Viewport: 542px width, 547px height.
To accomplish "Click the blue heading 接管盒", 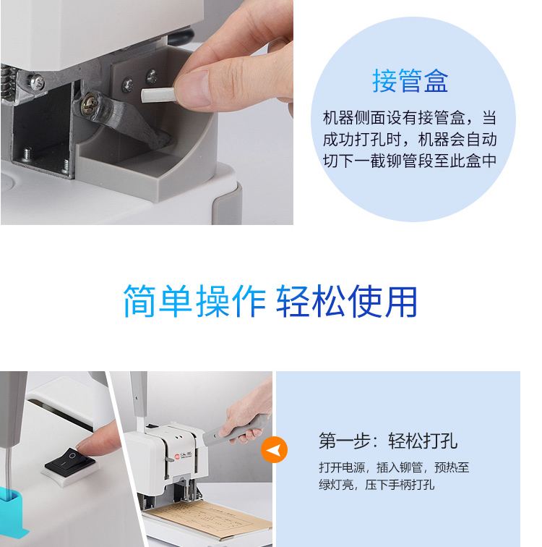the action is [x=410, y=80].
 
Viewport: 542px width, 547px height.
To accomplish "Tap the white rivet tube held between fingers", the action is [x=158, y=96].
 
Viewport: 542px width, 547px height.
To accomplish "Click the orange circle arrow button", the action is [x=274, y=449].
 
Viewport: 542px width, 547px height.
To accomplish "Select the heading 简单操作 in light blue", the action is [x=194, y=302].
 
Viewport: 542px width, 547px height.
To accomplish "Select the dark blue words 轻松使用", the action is [x=347, y=302].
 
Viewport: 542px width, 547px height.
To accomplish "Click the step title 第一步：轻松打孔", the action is [x=388, y=441].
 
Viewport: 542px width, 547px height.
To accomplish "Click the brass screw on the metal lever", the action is [x=90, y=104].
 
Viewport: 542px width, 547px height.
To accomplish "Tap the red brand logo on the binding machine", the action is [x=177, y=457].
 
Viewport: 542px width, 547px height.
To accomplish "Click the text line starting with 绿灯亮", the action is [x=377, y=485].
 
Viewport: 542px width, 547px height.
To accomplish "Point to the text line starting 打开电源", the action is [x=394, y=467].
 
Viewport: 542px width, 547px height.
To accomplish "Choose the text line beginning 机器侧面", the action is [x=409, y=117].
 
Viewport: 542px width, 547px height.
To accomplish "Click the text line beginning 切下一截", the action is [x=409, y=161].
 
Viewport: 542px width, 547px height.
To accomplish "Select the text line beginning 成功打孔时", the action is [x=409, y=139].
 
